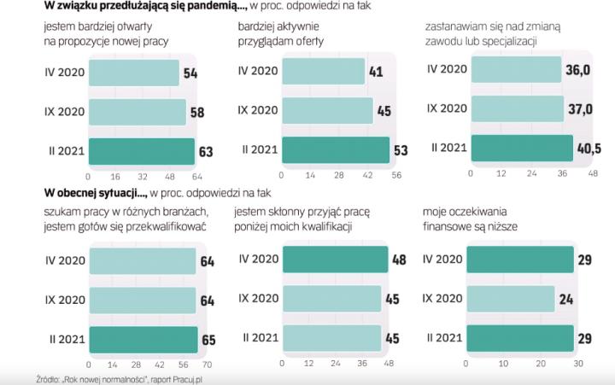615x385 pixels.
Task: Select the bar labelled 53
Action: (x=335, y=150)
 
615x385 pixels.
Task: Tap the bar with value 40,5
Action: (x=522, y=147)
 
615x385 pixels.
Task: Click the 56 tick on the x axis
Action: (x=395, y=175)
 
